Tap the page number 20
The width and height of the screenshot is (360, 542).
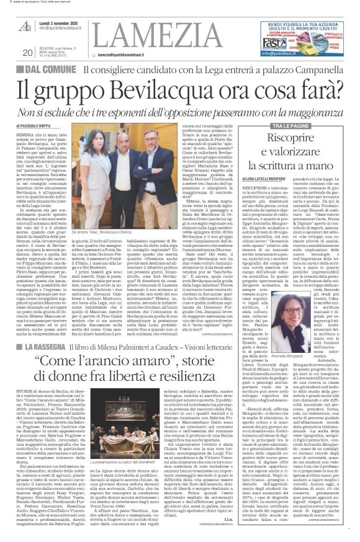pos(27,53)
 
